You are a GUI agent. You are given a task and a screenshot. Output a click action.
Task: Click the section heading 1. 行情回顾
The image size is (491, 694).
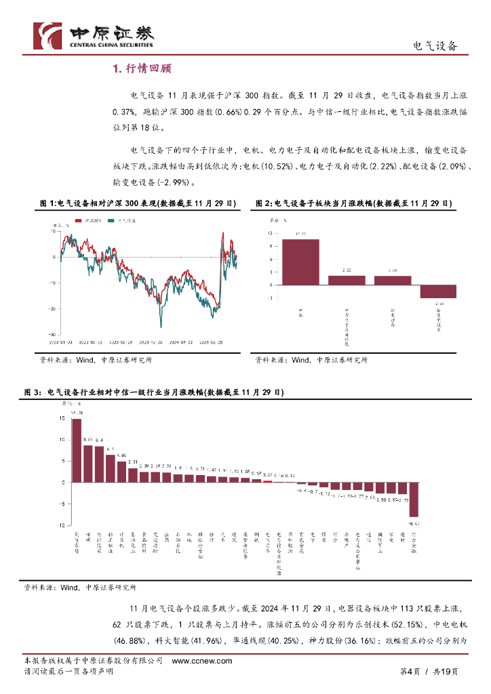(x=141, y=68)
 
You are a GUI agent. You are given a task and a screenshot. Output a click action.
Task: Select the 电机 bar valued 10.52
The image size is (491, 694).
(x=300, y=262)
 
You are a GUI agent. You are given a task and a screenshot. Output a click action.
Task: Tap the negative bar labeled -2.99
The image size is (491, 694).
(x=437, y=292)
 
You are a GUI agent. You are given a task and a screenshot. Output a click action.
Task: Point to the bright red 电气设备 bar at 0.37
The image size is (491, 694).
(x=267, y=481)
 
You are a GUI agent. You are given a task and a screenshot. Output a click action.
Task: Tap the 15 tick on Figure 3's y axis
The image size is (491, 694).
(x=62, y=418)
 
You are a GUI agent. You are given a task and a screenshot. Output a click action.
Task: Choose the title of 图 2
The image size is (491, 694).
(x=353, y=203)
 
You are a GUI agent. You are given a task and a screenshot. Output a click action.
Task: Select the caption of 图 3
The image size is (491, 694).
(x=154, y=392)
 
